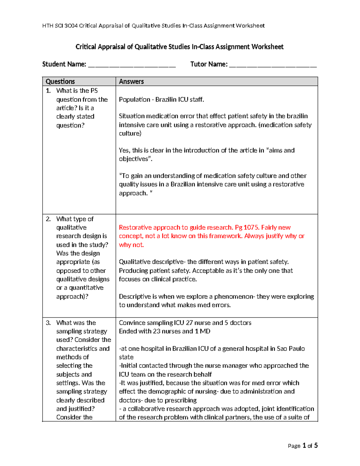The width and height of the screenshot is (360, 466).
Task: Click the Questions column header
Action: pos(60,81)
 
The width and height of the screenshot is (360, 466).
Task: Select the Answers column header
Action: pos(131,81)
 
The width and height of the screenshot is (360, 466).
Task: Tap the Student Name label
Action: pos(64,64)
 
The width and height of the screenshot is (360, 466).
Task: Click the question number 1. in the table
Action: pos(48,91)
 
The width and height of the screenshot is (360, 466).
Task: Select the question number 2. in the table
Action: pos(48,219)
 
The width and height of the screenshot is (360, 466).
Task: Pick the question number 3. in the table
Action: pos(48,323)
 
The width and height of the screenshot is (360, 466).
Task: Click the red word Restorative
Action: pos(135,227)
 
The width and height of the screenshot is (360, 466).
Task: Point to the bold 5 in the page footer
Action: pos(316,446)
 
